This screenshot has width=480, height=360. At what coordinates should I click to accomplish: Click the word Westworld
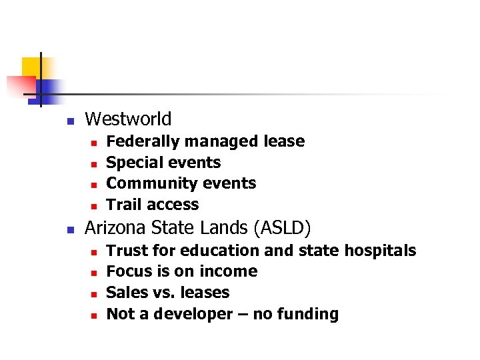click(129, 119)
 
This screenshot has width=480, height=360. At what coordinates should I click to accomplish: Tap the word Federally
click(143, 141)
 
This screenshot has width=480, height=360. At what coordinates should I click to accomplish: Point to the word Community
click(143, 183)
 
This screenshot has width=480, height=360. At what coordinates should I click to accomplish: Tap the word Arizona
click(115, 228)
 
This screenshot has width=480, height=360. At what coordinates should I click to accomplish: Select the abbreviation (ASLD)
click(282, 228)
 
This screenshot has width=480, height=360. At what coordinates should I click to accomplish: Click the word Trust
click(125, 251)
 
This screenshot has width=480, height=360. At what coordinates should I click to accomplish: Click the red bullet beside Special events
click(94, 163)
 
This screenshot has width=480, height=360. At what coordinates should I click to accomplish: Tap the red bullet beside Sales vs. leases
click(94, 293)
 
